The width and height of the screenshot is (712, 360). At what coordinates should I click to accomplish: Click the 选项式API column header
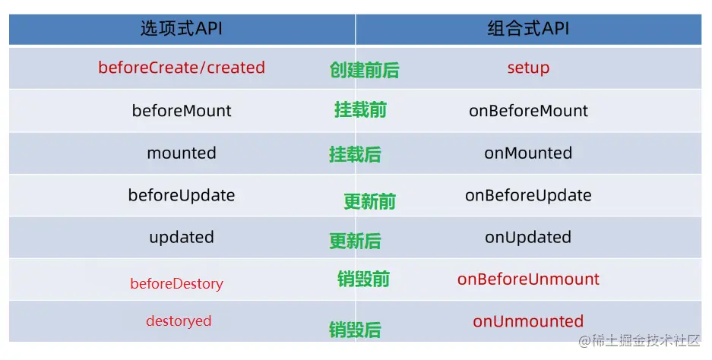click(x=182, y=29)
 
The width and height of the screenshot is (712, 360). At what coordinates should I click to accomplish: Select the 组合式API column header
click(x=528, y=29)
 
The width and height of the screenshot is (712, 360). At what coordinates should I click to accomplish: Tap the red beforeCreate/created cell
click(x=182, y=68)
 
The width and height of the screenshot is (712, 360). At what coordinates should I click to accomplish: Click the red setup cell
click(x=528, y=68)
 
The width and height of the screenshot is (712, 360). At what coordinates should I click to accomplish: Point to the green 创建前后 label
click(x=364, y=70)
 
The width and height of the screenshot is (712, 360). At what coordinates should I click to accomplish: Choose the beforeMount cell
click(x=182, y=111)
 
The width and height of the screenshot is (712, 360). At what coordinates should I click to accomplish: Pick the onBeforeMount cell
click(x=528, y=111)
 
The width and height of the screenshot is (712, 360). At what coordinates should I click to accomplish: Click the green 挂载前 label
click(x=360, y=110)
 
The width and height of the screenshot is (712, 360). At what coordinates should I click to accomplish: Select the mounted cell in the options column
click(x=182, y=153)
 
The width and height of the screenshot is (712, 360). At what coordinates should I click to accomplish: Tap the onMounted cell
click(x=528, y=153)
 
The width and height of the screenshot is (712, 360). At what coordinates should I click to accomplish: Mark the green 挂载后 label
click(x=355, y=154)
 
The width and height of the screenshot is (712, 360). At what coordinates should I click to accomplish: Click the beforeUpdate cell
click(x=182, y=195)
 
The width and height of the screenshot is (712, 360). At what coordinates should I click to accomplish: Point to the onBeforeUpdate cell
click(x=528, y=195)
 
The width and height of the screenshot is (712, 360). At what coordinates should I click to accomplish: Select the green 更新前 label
click(x=369, y=201)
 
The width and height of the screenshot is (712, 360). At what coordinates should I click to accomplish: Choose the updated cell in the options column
click(x=182, y=238)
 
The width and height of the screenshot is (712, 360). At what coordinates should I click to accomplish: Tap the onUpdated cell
click(x=528, y=238)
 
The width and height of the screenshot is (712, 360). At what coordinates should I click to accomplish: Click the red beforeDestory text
click(x=176, y=284)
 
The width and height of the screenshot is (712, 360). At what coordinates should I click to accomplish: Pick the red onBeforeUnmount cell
click(x=528, y=279)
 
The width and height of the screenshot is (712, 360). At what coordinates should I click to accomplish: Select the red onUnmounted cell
click(x=528, y=321)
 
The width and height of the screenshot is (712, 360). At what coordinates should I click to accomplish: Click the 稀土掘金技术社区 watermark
click(x=639, y=340)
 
